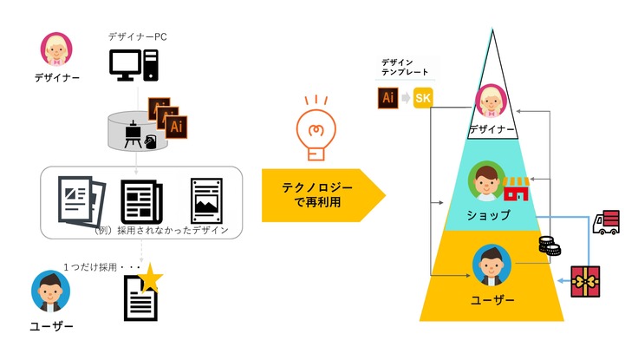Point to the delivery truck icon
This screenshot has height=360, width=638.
click(x=606, y=222)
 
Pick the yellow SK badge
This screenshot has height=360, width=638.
click(x=423, y=98)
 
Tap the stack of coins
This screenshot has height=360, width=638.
click(x=549, y=246)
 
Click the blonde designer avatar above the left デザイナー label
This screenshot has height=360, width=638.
click(x=57, y=49)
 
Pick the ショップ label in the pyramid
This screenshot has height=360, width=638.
click(x=487, y=214)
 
